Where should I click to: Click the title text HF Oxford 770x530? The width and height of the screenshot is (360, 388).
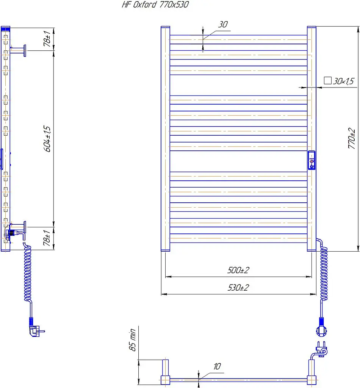click(x=155, y=5)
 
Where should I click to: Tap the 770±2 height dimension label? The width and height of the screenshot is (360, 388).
click(x=352, y=138)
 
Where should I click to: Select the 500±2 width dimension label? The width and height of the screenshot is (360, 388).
click(x=238, y=270)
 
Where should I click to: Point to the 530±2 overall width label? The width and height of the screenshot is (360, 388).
click(x=238, y=288)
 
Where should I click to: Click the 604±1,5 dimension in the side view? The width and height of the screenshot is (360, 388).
click(x=47, y=139)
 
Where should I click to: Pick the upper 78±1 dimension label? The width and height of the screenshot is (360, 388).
click(x=47, y=39)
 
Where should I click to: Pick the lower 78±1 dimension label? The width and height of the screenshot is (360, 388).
click(x=47, y=238)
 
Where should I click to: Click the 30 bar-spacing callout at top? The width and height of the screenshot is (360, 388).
click(x=223, y=24)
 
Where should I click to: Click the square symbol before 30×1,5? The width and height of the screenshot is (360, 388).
click(x=327, y=80)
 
